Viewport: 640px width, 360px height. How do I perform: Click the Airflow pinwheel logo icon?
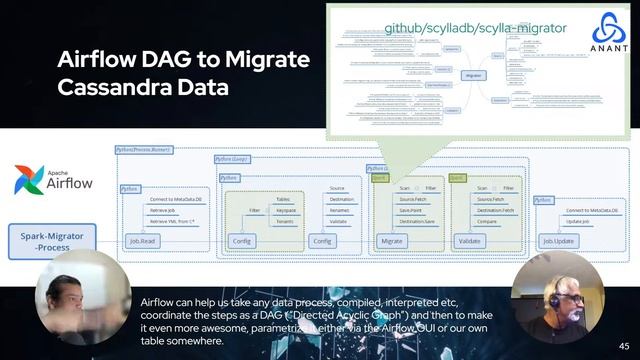[x=28, y=180]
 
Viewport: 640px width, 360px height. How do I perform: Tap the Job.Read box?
[x=144, y=241]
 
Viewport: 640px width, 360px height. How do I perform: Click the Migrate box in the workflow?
[x=392, y=241]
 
